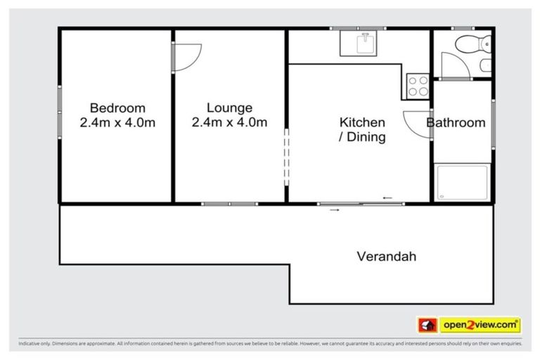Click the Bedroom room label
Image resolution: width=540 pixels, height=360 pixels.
[117, 108]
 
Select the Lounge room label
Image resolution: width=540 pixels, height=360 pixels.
[229, 108]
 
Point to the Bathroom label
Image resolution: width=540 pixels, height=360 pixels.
[456, 123]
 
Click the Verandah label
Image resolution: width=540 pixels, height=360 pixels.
[385, 257]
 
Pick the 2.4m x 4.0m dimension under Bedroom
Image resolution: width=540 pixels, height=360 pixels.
[117, 123]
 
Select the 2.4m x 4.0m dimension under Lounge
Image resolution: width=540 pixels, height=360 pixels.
[229, 123]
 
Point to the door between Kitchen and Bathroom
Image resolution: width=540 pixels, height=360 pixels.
[417, 124]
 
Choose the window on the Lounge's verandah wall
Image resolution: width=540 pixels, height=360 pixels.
[229, 204]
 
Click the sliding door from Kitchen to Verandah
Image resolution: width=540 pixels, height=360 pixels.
[360, 204]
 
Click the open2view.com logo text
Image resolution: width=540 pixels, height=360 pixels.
[480, 325]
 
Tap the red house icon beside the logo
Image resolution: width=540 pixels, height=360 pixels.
[427, 325]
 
